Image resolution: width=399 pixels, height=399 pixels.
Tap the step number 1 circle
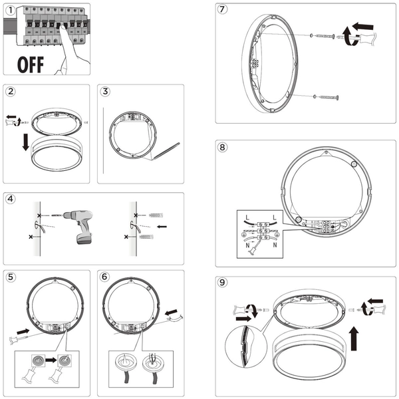(x=8, y=9)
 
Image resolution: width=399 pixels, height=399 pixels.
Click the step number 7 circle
(x=223, y=9)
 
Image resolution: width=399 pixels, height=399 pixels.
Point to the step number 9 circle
(x=223, y=282)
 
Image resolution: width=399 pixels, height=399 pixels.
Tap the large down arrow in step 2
(x=25, y=142)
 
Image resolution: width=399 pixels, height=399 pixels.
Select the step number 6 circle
(x=104, y=277)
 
